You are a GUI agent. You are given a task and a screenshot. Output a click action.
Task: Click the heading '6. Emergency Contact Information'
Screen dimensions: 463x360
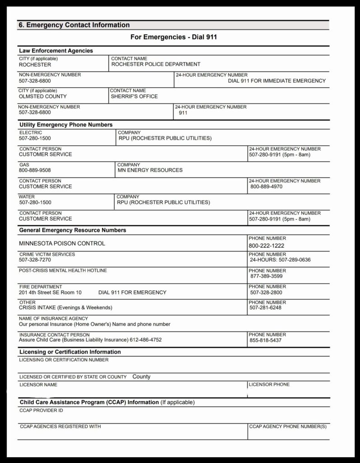point(74,25)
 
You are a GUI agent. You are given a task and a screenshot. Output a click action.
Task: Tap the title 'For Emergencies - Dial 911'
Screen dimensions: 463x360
point(173,37)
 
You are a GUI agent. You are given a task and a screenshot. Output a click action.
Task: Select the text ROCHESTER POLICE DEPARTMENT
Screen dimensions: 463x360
point(156,64)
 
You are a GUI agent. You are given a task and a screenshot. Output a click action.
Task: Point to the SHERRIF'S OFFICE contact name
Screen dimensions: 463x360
point(134,96)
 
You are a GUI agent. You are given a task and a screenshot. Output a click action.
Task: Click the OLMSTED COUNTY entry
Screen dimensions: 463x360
point(42,96)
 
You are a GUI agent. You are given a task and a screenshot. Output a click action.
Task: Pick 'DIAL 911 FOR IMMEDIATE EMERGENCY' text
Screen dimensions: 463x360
point(276,80)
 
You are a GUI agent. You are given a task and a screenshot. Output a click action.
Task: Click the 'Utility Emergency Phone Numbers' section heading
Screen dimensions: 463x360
point(66,124)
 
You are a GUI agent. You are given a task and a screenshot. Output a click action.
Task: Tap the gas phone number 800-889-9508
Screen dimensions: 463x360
point(35,170)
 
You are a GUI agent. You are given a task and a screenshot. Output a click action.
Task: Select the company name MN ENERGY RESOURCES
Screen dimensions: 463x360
point(150,170)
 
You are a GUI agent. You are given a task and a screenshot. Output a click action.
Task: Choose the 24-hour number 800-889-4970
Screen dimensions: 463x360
point(266,186)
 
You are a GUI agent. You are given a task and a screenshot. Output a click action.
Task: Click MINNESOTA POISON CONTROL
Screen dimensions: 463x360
point(62,243)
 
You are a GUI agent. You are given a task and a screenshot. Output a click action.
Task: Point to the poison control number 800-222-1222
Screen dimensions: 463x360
point(266,246)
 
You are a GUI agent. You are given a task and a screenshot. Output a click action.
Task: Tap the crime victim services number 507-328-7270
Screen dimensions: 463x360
point(35,260)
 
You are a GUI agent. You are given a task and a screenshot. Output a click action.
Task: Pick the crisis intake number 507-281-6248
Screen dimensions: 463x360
point(265,308)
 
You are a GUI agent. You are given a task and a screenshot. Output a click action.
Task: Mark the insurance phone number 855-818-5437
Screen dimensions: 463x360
point(265,340)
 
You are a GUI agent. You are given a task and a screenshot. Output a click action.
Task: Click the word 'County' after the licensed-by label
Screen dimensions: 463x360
point(141,377)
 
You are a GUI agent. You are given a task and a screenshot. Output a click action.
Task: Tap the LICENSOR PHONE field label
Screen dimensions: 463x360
point(269,384)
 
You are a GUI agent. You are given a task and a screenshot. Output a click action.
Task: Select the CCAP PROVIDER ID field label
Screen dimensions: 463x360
point(41,411)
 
